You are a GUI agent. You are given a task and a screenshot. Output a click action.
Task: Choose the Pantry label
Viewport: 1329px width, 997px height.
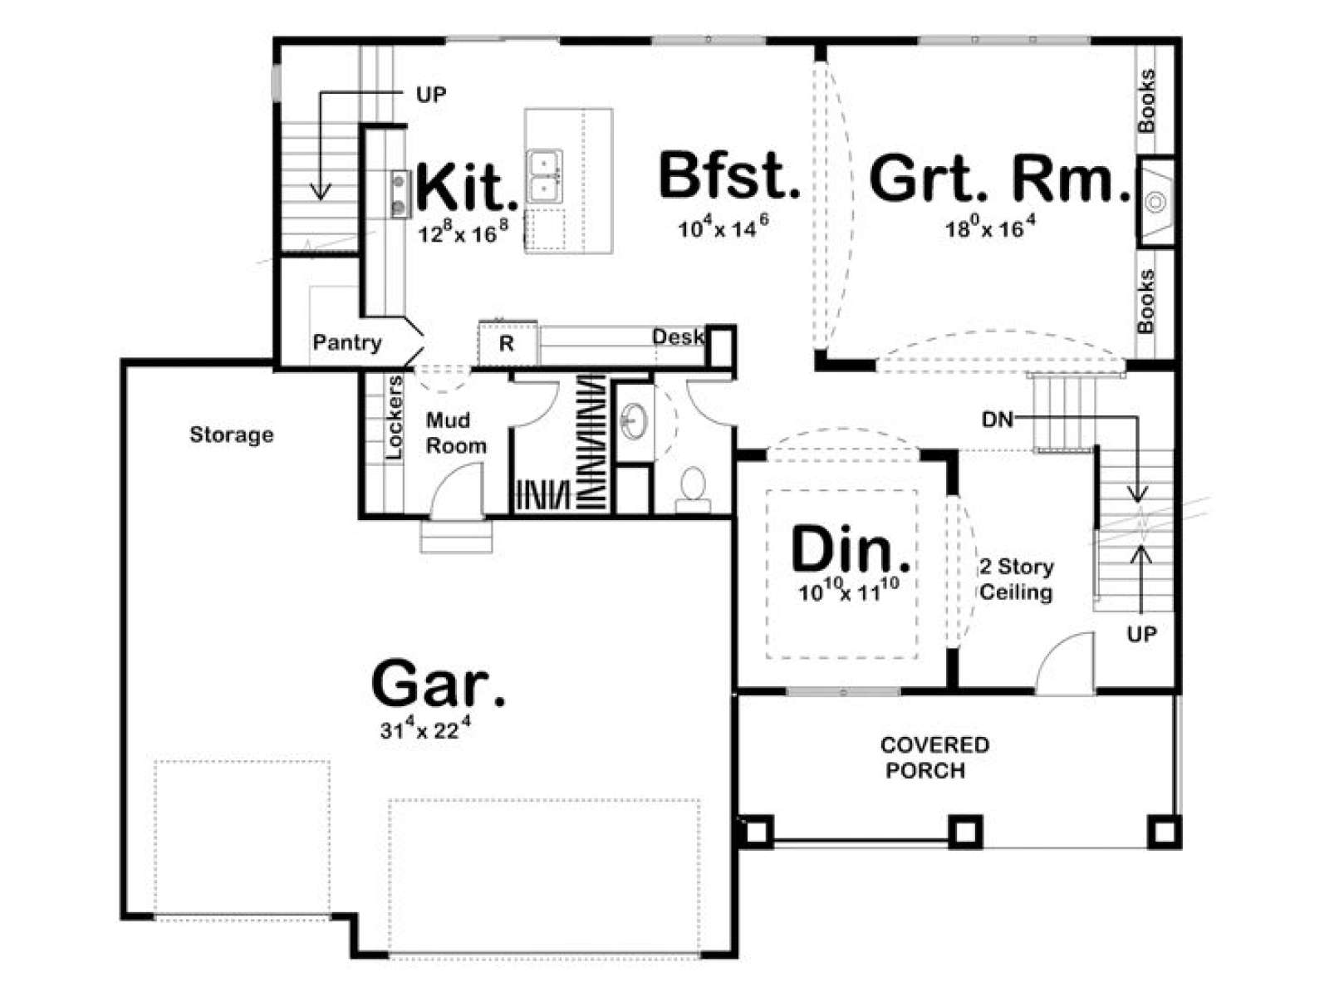(x=347, y=342)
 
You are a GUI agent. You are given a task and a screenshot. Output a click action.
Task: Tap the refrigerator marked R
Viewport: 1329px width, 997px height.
(x=508, y=344)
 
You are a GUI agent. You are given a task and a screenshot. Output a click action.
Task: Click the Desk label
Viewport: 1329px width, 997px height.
(x=678, y=336)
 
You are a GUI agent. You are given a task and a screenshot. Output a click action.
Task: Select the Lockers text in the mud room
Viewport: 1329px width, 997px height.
(x=395, y=417)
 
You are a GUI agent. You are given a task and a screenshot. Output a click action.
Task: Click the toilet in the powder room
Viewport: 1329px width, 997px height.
(x=694, y=490)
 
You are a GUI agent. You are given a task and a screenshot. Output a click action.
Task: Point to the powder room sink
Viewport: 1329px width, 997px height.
(x=633, y=420)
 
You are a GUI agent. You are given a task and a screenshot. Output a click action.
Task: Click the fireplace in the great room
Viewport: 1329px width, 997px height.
(x=1155, y=202)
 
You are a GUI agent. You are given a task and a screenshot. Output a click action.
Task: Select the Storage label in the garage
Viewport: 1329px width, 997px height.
(x=231, y=435)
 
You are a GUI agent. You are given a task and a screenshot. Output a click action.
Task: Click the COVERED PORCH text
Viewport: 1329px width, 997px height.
(x=934, y=757)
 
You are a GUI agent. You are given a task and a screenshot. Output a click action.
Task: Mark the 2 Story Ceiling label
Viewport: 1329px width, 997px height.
(x=1017, y=579)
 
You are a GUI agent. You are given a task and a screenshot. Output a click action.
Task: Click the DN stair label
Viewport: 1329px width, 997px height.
(x=998, y=420)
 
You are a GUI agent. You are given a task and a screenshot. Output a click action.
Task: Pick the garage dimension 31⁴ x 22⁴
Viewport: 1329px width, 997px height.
(x=425, y=729)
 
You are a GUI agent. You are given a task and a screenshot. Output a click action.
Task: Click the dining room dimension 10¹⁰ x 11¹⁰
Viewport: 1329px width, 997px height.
(x=849, y=591)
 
